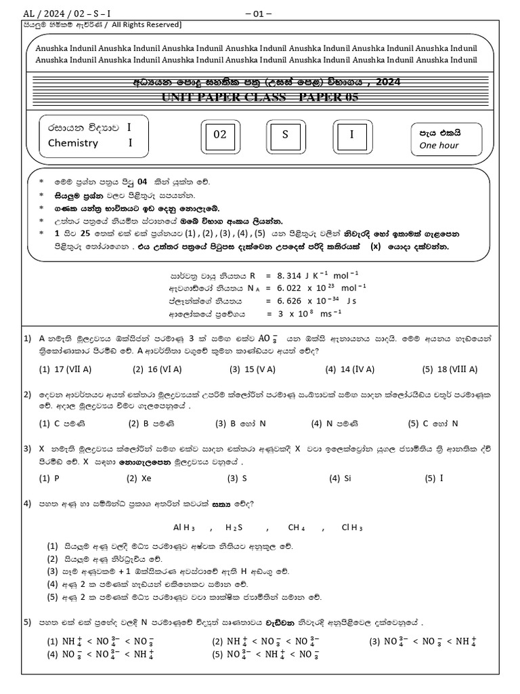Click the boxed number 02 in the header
tap(220, 134)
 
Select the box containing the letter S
tap(285, 134)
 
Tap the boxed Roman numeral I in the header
tap(351, 134)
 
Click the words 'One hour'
tap(439, 145)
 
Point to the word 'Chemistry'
tap(73, 143)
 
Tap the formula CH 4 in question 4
tap(297, 527)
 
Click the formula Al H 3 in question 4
tap(184, 527)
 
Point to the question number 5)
tap(27, 621)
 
